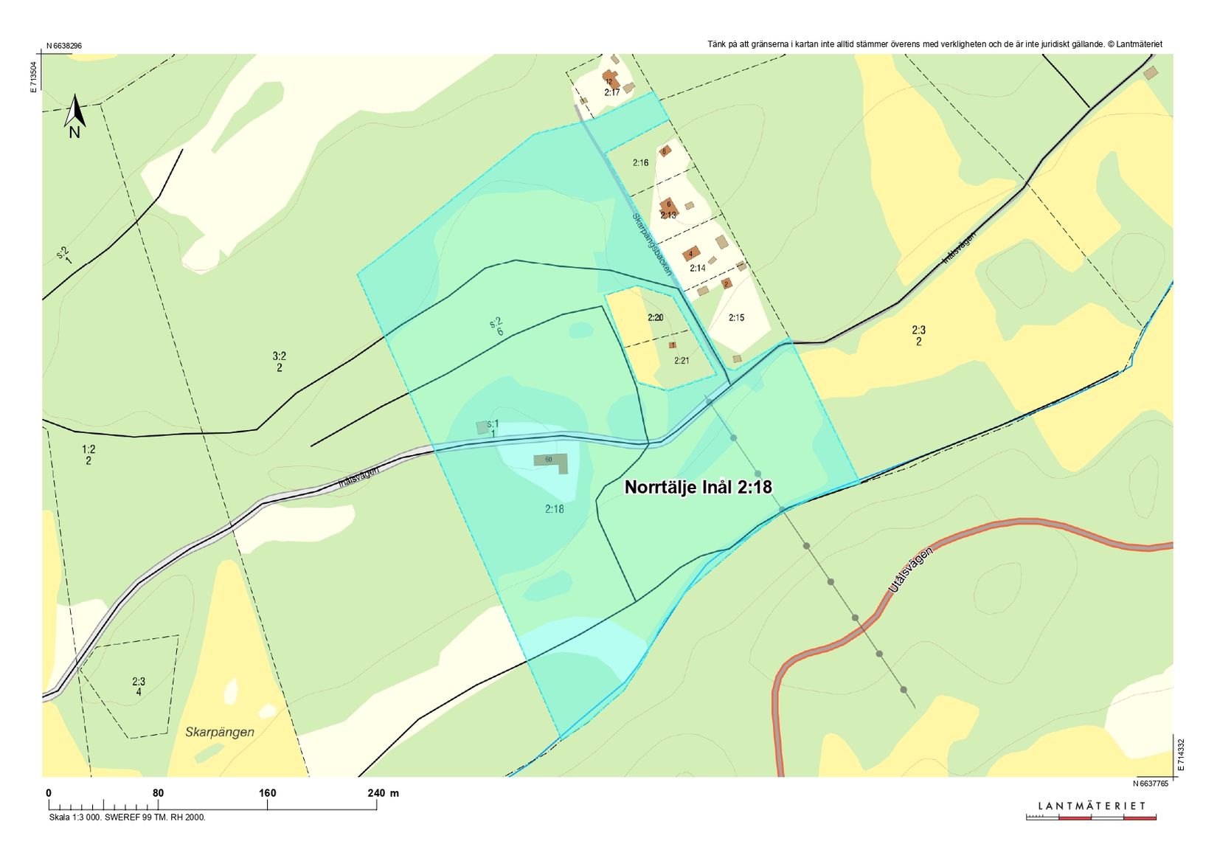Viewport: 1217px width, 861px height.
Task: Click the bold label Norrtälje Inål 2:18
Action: click(x=698, y=487)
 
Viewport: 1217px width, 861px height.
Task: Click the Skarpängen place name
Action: click(x=220, y=732)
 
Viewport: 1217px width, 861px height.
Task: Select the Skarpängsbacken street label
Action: click(x=652, y=244)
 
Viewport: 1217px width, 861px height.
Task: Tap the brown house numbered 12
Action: click(x=609, y=79)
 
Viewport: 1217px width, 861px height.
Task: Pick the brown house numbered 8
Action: click(x=665, y=151)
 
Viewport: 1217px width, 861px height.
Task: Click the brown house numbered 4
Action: click(x=691, y=254)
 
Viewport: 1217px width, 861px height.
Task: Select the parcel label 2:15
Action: click(x=736, y=318)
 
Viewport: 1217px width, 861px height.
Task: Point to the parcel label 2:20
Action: click(x=655, y=318)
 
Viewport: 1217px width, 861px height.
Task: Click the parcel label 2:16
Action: click(x=640, y=162)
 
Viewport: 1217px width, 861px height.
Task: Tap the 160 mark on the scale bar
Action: click(x=267, y=793)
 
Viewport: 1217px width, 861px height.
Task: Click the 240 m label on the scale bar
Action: click(x=383, y=793)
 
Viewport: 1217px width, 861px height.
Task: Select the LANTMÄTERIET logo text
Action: click(x=1092, y=806)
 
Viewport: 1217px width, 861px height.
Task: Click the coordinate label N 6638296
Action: click(x=64, y=46)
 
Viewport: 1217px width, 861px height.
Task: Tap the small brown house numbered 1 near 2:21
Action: click(x=672, y=345)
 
